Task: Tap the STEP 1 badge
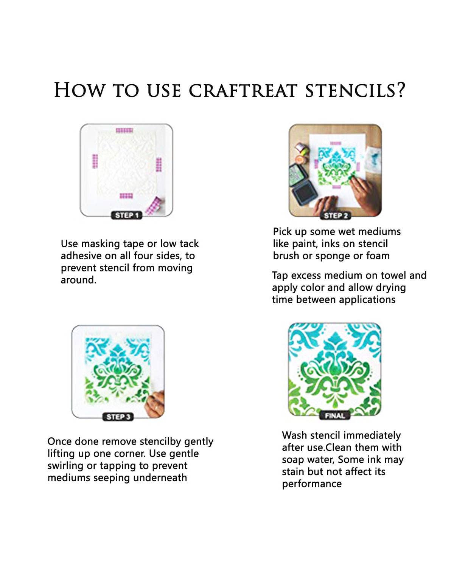pyautogui.click(x=127, y=215)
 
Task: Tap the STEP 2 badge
pyautogui.click(x=336, y=215)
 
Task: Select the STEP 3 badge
pyautogui.click(x=118, y=417)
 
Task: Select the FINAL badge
pyautogui.click(x=335, y=415)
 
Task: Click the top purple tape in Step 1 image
pyautogui.click(x=124, y=131)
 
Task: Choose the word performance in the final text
pyautogui.click(x=312, y=484)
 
